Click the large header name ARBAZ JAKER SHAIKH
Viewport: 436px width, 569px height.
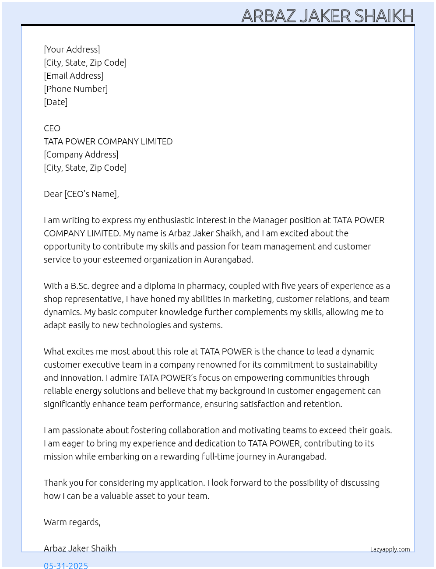click(327, 16)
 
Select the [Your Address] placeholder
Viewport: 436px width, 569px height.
click(72, 49)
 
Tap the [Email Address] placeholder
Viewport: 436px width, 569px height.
click(74, 76)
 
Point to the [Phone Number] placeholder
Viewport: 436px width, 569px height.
click(76, 89)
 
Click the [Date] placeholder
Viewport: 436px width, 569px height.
click(56, 102)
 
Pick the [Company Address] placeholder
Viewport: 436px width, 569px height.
click(81, 155)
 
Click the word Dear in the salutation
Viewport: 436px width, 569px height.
click(53, 194)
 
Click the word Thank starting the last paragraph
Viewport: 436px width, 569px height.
click(55, 483)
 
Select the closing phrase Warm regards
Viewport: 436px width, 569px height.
click(72, 522)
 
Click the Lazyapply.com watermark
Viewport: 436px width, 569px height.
click(390, 549)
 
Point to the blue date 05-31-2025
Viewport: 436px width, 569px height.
click(66, 565)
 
